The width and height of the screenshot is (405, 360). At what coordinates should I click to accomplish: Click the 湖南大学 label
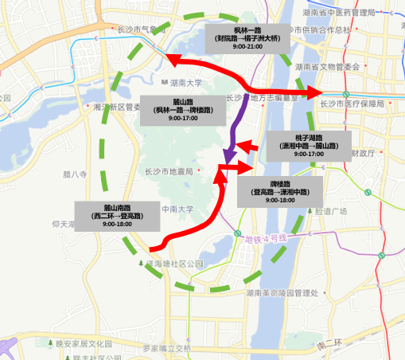pos(187,83)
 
